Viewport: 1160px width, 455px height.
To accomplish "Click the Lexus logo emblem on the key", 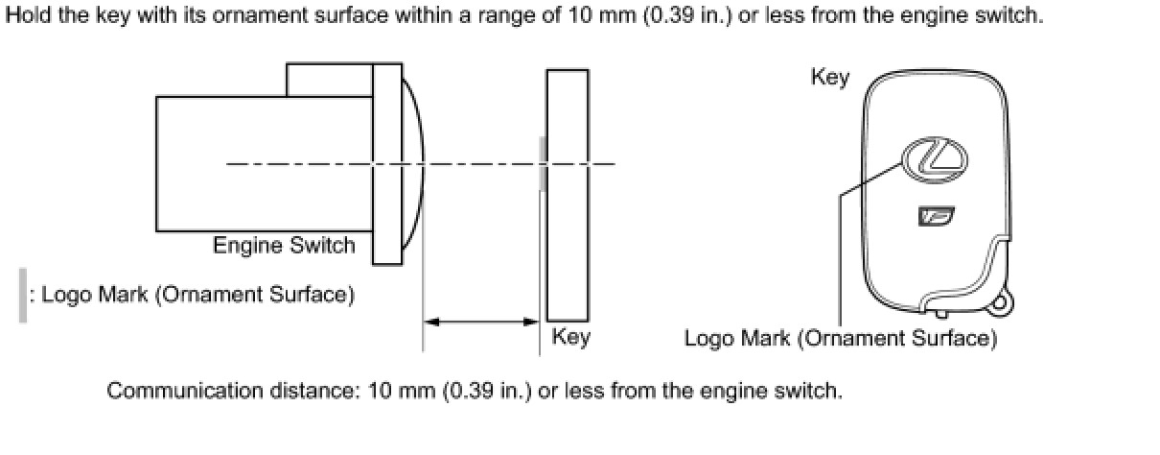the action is pyautogui.click(x=934, y=156).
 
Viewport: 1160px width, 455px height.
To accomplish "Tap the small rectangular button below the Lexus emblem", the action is pyautogui.click(x=934, y=218).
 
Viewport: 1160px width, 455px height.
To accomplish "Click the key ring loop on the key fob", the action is pyautogui.click(x=999, y=302).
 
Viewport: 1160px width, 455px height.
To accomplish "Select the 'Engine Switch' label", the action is pyautogui.click(x=284, y=246).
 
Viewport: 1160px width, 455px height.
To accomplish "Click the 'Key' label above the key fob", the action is pyautogui.click(x=829, y=77).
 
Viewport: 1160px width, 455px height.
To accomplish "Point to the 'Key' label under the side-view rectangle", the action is pyautogui.click(x=570, y=337).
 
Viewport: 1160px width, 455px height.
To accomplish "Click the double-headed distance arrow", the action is pyautogui.click(x=480, y=323).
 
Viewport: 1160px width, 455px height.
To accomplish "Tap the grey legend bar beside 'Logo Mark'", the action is pyautogui.click(x=23, y=295).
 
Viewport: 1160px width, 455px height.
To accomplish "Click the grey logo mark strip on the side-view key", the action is pyautogui.click(x=544, y=163).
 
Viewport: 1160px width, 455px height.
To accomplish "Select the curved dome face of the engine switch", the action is pyautogui.click(x=412, y=163).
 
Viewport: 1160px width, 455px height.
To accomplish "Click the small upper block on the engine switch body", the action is pyautogui.click(x=329, y=81).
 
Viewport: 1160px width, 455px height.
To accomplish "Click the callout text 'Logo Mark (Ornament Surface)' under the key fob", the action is pyautogui.click(x=840, y=339).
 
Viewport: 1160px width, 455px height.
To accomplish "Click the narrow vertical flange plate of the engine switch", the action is pyautogui.click(x=387, y=163).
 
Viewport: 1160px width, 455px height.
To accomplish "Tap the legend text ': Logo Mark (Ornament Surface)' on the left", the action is pyautogui.click(x=191, y=295).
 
